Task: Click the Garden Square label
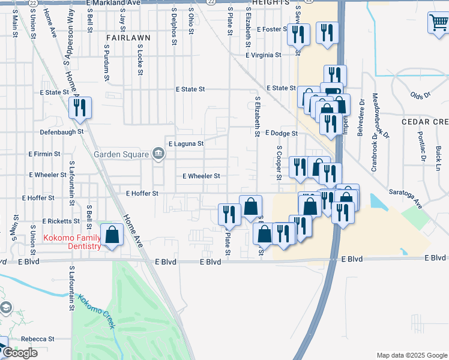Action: point(121,154)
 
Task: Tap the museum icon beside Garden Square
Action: point(158,154)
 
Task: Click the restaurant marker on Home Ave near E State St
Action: point(79,109)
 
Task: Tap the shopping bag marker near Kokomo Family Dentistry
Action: point(112,235)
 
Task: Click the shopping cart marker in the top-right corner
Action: point(438,23)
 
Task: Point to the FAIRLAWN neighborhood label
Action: point(128,37)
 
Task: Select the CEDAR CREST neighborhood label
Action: point(425,122)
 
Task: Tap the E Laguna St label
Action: point(186,144)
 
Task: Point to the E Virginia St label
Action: point(263,55)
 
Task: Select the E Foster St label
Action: point(272,29)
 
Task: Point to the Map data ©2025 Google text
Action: point(411,355)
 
